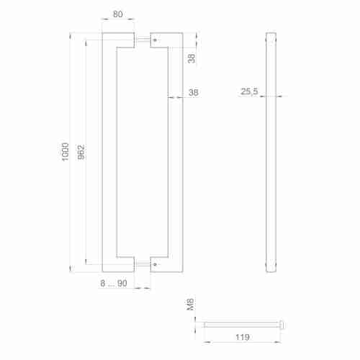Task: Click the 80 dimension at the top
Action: (117, 14)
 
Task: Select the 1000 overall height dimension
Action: (65, 150)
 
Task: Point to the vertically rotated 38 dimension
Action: (192, 57)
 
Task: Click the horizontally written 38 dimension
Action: (193, 92)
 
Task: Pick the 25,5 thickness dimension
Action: (250, 92)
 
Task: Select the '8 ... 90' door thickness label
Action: (114, 284)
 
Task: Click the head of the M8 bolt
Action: (282, 325)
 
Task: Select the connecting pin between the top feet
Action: (143, 40)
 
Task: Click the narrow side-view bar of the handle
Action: (271, 151)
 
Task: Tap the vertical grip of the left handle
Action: (107, 151)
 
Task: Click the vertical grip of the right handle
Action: (174, 151)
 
